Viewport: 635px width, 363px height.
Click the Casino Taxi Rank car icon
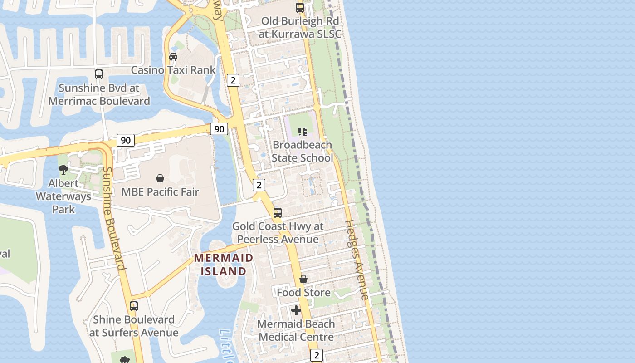coord(173,57)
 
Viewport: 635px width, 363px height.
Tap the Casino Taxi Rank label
coord(173,70)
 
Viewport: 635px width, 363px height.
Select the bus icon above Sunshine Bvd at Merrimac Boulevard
coord(99,74)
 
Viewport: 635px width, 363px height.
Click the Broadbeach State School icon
coord(302,132)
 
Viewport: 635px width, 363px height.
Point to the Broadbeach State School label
coord(302,152)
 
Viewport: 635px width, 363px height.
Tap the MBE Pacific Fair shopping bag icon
coord(160,178)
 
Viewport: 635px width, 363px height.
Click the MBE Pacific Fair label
coord(160,192)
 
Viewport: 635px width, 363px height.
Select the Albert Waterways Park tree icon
coord(63,170)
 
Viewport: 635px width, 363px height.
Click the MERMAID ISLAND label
coord(224,265)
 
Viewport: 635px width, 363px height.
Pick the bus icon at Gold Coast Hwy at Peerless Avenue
coord(278,213)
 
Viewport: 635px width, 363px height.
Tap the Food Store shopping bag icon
coord(303,279)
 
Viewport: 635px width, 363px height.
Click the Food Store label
coord(303,293)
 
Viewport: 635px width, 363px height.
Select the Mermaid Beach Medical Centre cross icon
coord(296,310)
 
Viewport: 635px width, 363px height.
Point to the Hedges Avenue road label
coord(357,260)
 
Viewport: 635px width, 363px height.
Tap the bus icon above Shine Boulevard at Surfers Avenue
coord(133,306)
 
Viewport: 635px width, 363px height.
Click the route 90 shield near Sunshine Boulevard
coord(126,140)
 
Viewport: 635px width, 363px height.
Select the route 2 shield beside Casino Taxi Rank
coord(233,80)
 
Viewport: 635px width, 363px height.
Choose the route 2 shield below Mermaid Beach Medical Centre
coord(317,355)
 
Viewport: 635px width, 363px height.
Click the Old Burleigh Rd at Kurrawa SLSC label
coord(300,27)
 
